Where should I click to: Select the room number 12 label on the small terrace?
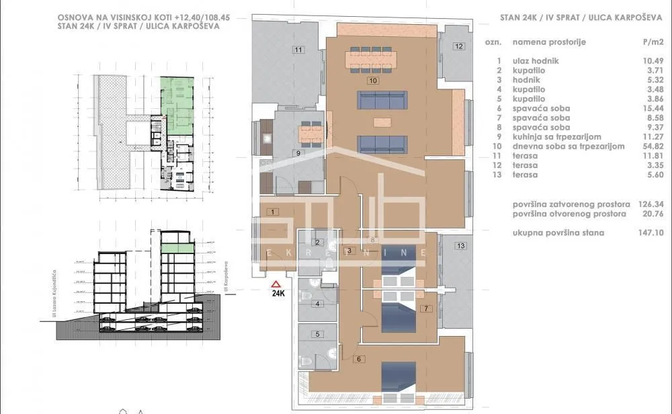458,46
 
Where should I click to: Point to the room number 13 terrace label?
460,246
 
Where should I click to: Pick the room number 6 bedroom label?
360,359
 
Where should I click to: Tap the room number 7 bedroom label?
425,308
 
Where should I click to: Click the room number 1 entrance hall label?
272,212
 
